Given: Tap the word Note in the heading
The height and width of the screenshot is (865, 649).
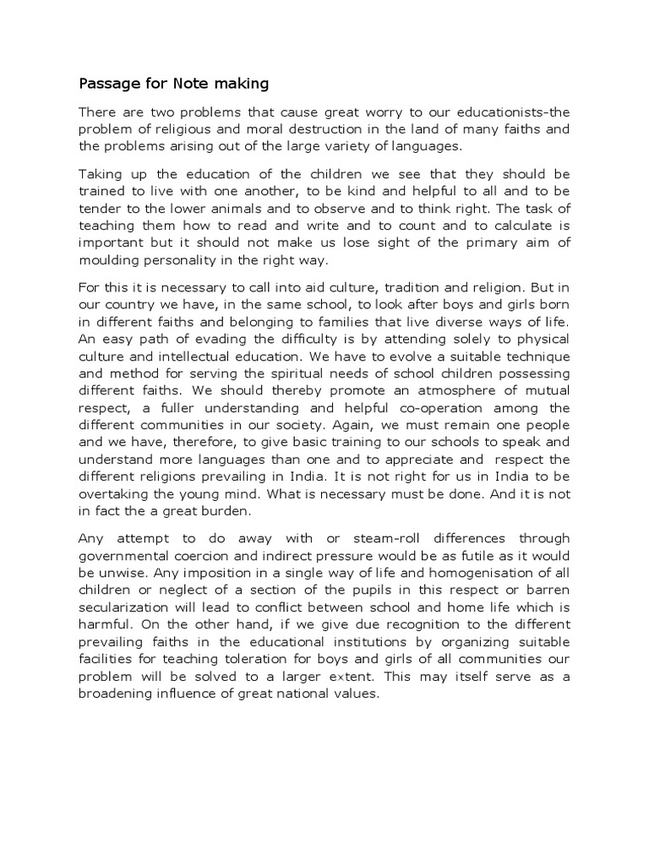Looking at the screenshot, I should [194, 84].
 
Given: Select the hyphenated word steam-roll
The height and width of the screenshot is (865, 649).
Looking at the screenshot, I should [369, 538].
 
